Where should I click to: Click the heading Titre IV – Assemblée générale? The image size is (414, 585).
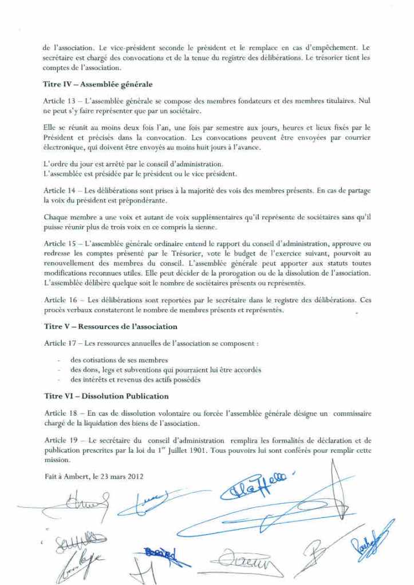(x=97, y=85)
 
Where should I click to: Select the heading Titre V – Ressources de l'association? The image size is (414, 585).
(x=111, y=326)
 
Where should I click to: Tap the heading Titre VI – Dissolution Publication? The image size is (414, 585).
(x=106, y=396)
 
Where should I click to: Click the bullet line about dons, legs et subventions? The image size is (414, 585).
(x=166, y=370)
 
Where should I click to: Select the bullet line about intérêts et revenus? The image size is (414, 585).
(x=135, y=380)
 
